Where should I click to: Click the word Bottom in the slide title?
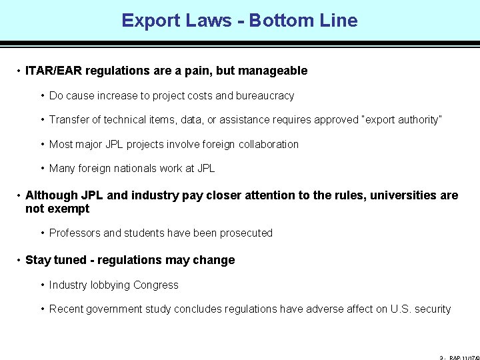(279, 21)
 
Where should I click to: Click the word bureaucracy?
(264, 95)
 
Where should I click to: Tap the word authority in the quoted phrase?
(417, 120)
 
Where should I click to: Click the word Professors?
(75, 233)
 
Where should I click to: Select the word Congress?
(156, 285)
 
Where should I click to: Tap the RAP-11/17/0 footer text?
(463, 358)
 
